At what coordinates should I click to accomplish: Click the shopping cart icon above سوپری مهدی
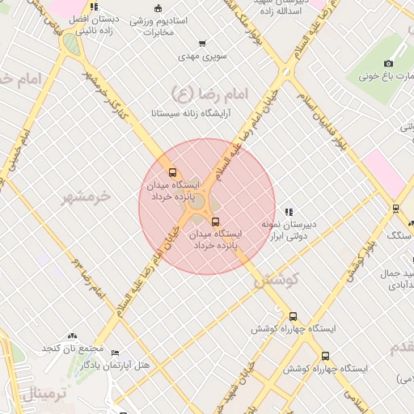[202, 44]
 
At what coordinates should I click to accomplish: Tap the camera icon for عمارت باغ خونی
[388, 64]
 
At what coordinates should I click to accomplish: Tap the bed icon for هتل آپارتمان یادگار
[115, 354]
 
